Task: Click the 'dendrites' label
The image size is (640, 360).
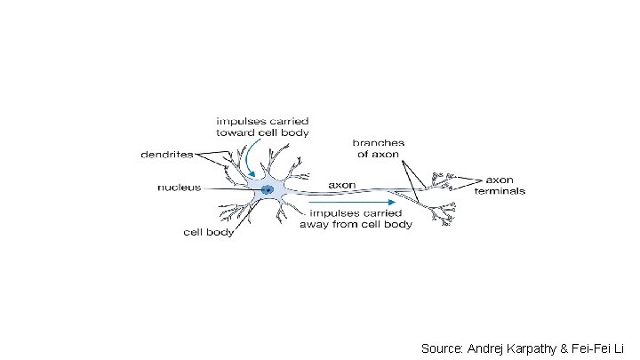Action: (x=167, y=155)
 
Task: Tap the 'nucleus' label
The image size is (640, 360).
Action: (x=180, y=188)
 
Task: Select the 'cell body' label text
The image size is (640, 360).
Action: (x=209, y=233)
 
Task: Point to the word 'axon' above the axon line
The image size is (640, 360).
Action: (x=343, y=185)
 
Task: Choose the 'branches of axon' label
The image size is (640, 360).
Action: (x=379, y=148)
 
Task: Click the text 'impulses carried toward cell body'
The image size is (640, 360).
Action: (x=251, y=126)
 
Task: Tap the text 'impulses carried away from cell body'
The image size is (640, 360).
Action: (x=362, y=219)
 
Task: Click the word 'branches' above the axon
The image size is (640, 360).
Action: (x=379, y=142)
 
